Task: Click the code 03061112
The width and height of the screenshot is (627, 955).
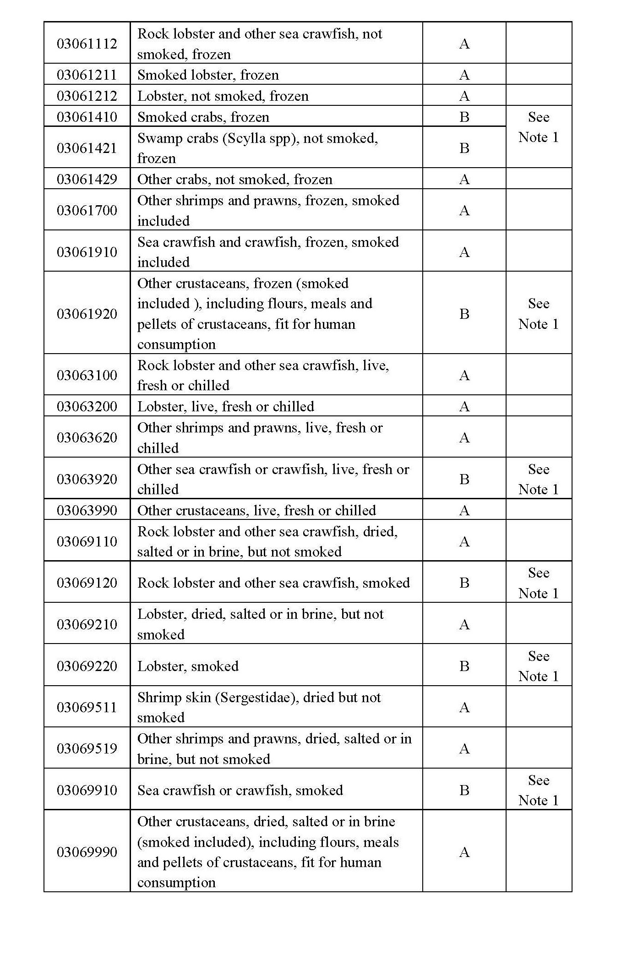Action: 87,44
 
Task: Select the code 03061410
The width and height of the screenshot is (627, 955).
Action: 87,117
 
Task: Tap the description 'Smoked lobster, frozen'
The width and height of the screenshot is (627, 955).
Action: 208,75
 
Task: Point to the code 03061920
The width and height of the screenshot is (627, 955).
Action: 87,314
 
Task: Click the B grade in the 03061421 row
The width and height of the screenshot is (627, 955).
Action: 464,148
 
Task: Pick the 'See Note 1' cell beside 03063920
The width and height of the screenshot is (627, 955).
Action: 538,479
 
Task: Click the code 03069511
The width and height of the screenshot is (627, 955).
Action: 87,707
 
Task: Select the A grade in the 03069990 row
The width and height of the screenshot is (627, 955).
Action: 464,852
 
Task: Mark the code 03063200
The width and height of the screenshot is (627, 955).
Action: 87,406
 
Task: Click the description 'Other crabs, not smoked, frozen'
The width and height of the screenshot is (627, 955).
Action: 234,179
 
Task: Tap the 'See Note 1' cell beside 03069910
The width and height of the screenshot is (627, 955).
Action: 538,790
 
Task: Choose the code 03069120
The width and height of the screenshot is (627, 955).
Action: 87,583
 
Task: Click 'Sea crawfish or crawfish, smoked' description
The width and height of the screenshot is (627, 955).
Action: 240,790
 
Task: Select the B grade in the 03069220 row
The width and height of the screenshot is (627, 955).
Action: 464,666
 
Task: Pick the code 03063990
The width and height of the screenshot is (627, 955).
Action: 87,510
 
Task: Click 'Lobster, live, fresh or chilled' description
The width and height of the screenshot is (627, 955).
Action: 225,406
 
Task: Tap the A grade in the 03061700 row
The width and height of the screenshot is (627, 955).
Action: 464,210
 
